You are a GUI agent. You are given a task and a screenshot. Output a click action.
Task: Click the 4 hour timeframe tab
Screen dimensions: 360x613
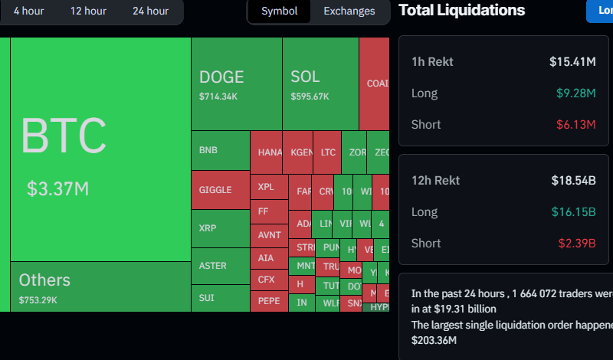pyautogui.click(x=28, y=11)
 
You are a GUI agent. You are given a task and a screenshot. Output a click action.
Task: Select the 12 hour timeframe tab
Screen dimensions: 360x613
pyautogui.click(x=88, y=11)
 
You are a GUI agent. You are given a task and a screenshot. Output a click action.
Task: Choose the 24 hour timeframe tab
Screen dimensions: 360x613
pyautogui.click(x=150, y=11)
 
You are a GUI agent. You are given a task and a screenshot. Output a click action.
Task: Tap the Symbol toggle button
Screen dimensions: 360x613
pyautogui.click(x=279, y=11)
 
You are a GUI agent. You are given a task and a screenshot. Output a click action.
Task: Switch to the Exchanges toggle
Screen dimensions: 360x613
pyautogui.click(x=349, y=11)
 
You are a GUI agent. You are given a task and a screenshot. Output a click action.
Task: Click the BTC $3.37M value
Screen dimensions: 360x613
pyautogui.click(x=58, y=188)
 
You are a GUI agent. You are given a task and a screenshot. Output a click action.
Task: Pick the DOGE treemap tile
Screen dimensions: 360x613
pyautogui.click(x=236, y=84)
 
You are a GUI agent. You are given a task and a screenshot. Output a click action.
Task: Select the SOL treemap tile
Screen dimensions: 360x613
pyautogui.click(x=320, y=84)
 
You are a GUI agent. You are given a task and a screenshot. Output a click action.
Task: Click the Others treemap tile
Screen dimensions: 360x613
pyautogui.click(x=100, y=286)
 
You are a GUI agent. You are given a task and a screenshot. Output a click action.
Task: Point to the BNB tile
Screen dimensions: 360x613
pyautogui.click(x=220, y=150)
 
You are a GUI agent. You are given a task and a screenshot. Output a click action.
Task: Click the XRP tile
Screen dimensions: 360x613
pyautogui.click(x=220, y=228)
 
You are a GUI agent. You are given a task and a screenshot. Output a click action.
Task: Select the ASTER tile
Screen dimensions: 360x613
pyautogui.click(x=220, y=266)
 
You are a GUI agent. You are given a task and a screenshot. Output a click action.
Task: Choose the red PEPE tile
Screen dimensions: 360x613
pyautogui.click(x=269, y=301)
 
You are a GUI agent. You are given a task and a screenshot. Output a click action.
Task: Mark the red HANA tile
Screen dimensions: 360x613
pyautogui.click(x=270, y=152)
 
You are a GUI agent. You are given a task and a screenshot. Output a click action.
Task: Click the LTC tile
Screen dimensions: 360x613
pyautogui.click(x=328, y=152)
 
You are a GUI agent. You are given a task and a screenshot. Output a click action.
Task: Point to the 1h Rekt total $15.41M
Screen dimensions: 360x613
pyautogui.click(x=572, y=61)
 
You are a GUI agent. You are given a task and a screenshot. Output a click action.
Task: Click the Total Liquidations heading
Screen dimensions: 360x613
pyautogui.click(x=462, y=10)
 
